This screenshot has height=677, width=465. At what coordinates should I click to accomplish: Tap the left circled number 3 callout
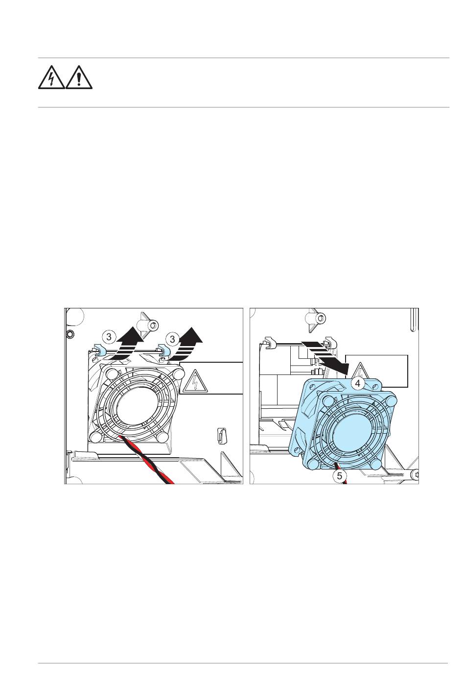(x=110, y=337)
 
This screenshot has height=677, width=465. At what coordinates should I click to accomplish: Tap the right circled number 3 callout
(x=173, y=338)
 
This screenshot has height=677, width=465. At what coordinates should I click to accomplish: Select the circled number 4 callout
(x=358, y=384)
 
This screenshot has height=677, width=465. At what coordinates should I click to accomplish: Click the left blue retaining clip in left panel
(x=97, y=350)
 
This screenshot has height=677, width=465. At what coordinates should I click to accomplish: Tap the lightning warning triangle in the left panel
(x=195, y=382)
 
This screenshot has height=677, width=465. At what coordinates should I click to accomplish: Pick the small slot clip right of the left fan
(x=221, y=435)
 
